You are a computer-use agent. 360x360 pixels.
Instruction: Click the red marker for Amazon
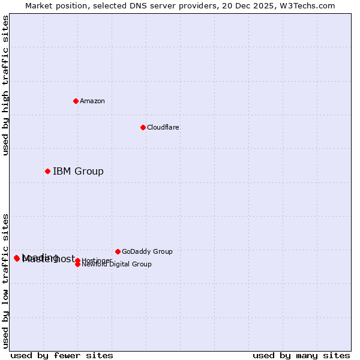pos(76,101)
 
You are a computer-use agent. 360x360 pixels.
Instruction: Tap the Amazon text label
pos(92,101)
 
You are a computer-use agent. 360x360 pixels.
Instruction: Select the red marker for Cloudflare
pos(143,127)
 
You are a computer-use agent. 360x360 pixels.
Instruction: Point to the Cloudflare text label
pos(163,127)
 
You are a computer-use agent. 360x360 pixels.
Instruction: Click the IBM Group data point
pos(47,171)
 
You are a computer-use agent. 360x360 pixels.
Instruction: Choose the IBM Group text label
pos(78,172)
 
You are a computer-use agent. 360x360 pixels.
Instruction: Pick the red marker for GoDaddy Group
pos(118,251)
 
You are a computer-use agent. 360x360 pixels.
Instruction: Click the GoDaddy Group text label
pos(147,251)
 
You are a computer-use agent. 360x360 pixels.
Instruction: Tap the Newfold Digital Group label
pos(116,264)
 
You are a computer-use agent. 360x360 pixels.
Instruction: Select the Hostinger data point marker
pos(77,260)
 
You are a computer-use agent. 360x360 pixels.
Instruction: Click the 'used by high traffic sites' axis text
pos(5,85)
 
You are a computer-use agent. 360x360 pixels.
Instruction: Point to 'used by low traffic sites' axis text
pos(5,280)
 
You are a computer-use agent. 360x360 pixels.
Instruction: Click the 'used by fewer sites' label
pos(62,355)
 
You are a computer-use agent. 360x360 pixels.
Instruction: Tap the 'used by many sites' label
pos(301,355)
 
